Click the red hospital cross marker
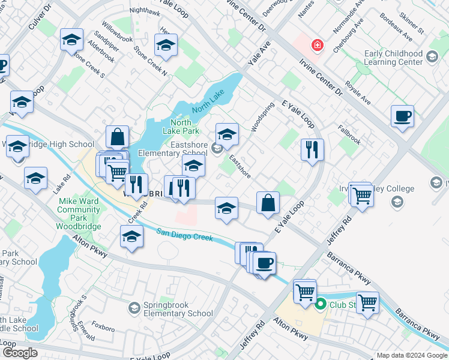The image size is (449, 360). [315, 45]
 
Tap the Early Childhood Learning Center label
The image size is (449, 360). [393, 58]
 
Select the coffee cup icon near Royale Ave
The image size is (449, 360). [402, 116]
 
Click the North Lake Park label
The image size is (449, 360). [181, 127]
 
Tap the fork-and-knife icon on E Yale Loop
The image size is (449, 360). [312, 149]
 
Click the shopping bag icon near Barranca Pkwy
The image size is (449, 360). [268, 202]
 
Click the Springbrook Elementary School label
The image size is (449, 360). [179, 309]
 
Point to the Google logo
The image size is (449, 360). [20, 353]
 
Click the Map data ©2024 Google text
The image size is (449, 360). [411, 355]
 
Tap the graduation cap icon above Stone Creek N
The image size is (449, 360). [166, 44]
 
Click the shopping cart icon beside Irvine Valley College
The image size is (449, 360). [361, 195]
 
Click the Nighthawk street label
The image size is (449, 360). [145, 11]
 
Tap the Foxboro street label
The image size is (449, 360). [103, 328]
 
